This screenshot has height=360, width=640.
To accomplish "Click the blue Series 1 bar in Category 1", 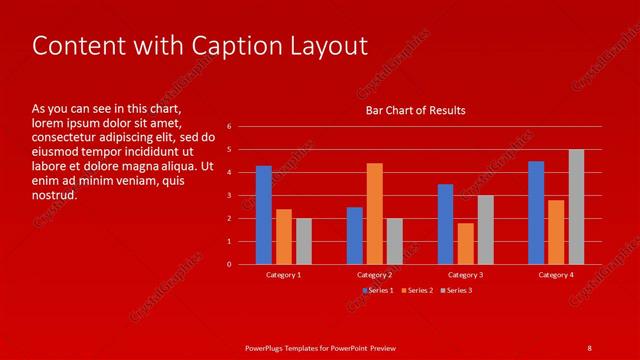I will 263,215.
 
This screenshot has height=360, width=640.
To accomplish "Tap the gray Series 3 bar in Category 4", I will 576,207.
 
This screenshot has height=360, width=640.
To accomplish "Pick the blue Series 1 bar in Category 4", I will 536,212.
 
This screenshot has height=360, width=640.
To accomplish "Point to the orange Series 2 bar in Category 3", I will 465,243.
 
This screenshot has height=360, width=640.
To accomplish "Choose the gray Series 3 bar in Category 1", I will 303,241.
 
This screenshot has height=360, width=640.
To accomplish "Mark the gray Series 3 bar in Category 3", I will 485,229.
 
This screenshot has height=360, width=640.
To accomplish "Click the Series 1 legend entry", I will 378,290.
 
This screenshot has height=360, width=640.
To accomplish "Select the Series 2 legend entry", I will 418,290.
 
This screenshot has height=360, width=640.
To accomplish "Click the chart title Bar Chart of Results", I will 414,110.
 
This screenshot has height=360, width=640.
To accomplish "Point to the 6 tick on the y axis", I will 230,127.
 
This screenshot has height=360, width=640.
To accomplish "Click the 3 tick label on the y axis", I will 230,196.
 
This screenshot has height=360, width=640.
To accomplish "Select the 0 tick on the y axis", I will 230,265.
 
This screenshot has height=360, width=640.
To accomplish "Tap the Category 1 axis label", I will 283,274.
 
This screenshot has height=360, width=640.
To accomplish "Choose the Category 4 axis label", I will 556,274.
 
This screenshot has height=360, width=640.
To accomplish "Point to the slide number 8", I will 589,347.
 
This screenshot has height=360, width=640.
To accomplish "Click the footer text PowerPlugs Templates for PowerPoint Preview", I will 320,347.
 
